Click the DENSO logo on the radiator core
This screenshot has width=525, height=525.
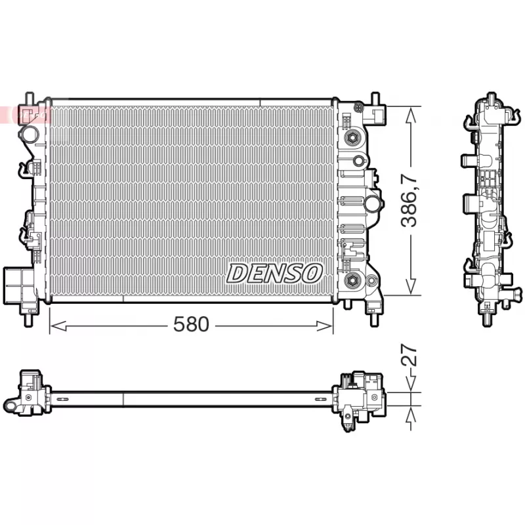click(x=274, y=272)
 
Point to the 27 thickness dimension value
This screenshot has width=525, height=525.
click(x=409, y=355)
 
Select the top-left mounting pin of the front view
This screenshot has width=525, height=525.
click(x=28, y=98)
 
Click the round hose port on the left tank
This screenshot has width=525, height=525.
click(x=30, y=134)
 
